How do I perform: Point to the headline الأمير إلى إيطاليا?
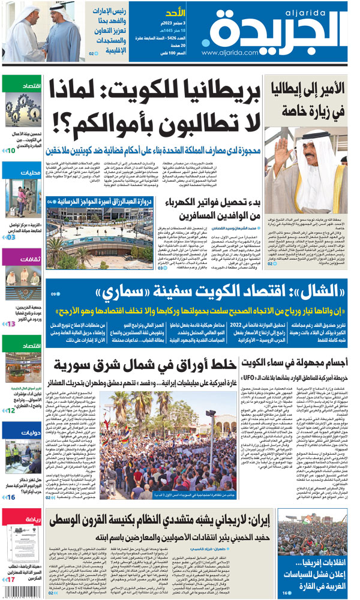pos(307,91)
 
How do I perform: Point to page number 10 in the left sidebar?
pos(11,149)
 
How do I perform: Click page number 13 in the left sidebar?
pos(11,323)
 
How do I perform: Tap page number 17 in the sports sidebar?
pos(11,579)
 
